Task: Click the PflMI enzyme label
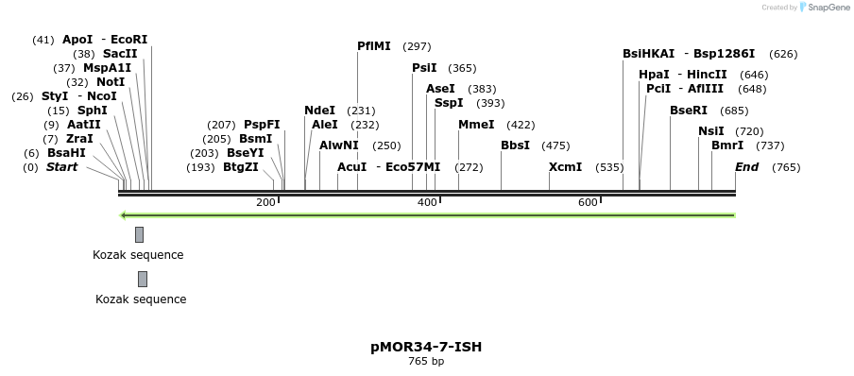(374, 46)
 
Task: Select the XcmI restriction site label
(565, 167)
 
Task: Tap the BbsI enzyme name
(515, 145)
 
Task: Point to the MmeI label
(476, 125)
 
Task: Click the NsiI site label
(711, 131)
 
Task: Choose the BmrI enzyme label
(727, 145)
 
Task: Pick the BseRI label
(689, 111)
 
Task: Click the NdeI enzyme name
(319, 111)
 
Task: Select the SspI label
(449, 103)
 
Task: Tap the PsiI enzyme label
(424, 68)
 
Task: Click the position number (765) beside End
(786, 167)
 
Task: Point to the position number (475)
(555, 145)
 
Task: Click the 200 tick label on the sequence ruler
(265, 203)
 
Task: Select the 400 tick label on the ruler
(427, 203)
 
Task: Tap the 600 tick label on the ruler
(588, 203)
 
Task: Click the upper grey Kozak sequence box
(139, 234)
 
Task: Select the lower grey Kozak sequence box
(142, 279)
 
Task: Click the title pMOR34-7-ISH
(426, 347)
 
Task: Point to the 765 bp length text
(426, 362)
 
